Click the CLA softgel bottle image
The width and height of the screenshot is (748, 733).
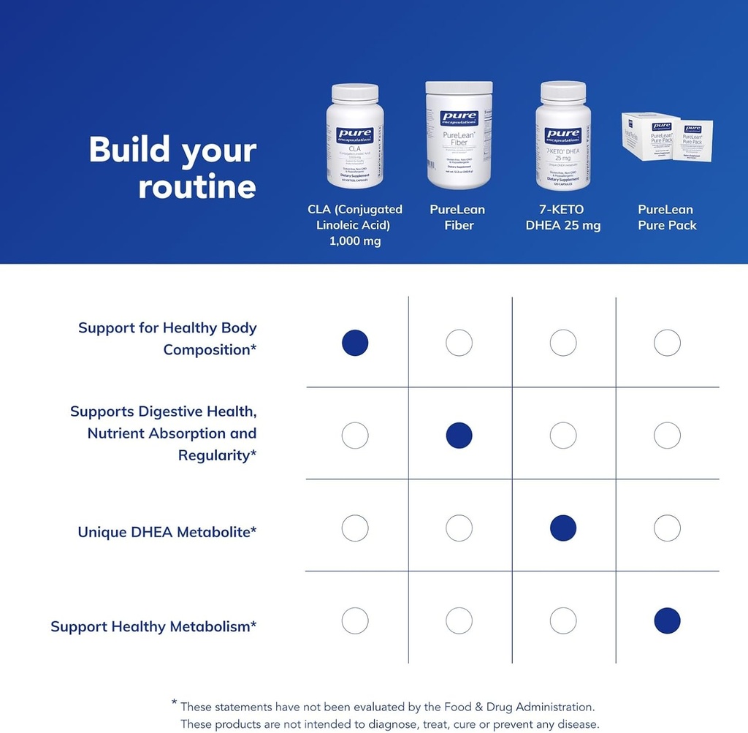pyautogui.click(x=355, y=136)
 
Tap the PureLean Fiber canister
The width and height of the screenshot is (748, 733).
pyautogui.click(x=459, y=134)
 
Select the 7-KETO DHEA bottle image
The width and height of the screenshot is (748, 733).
pyautogui.click(x=562, y=136)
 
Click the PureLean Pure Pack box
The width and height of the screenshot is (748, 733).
pyautogui.click(x=666, y=137)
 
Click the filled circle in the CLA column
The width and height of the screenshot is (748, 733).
pyautogui.click(x=355, y=343)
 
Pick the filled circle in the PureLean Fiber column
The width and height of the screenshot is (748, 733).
pyautogui.click(x=459, y=436)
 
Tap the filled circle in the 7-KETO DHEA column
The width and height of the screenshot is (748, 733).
pyautogui.click(x=563, y=528)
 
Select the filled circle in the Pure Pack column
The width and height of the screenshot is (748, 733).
pyautogui.click(x=667, y=620)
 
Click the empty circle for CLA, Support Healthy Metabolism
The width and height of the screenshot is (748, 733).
pyautogui.click(x=355, y=620)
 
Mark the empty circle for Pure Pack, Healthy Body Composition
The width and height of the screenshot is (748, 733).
pyautogui.click(x=667, y=343)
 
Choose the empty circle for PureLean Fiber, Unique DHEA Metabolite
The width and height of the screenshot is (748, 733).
pyautogui.click(x=459, y=528)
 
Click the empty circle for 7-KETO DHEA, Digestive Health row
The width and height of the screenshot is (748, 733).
pyautogui.click(x=563, y=436)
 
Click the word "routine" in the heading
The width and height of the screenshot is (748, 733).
pyautogui.click(x=197, y=186)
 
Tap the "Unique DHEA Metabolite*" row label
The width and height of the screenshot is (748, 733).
pyautogui.click(x=167, y=531)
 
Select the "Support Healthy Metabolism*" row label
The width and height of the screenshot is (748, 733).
pyautogui.click(x=153, y=626)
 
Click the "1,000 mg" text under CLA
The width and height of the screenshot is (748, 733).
pyautogui.click(x=354, y=241)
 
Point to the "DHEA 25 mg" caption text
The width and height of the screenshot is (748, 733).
pyautogui.click(x=562, y=225)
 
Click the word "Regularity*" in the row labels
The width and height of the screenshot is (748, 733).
pyautogui.click(x=217, y=455)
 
